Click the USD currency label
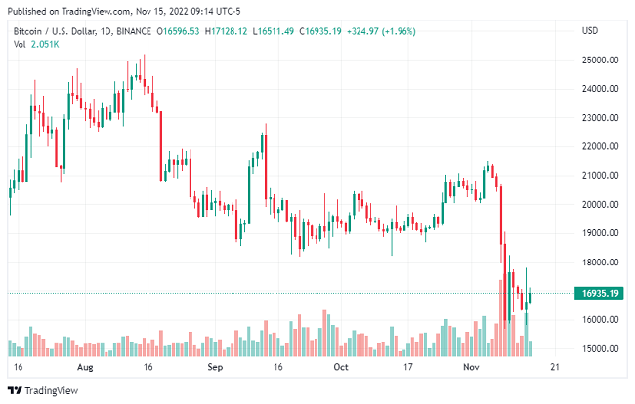tap(589, 31)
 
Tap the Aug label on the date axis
tap(84, 368)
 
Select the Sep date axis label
tap(217, 368)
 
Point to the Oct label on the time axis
tap(341, 368)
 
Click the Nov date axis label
tap(472, 368)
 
